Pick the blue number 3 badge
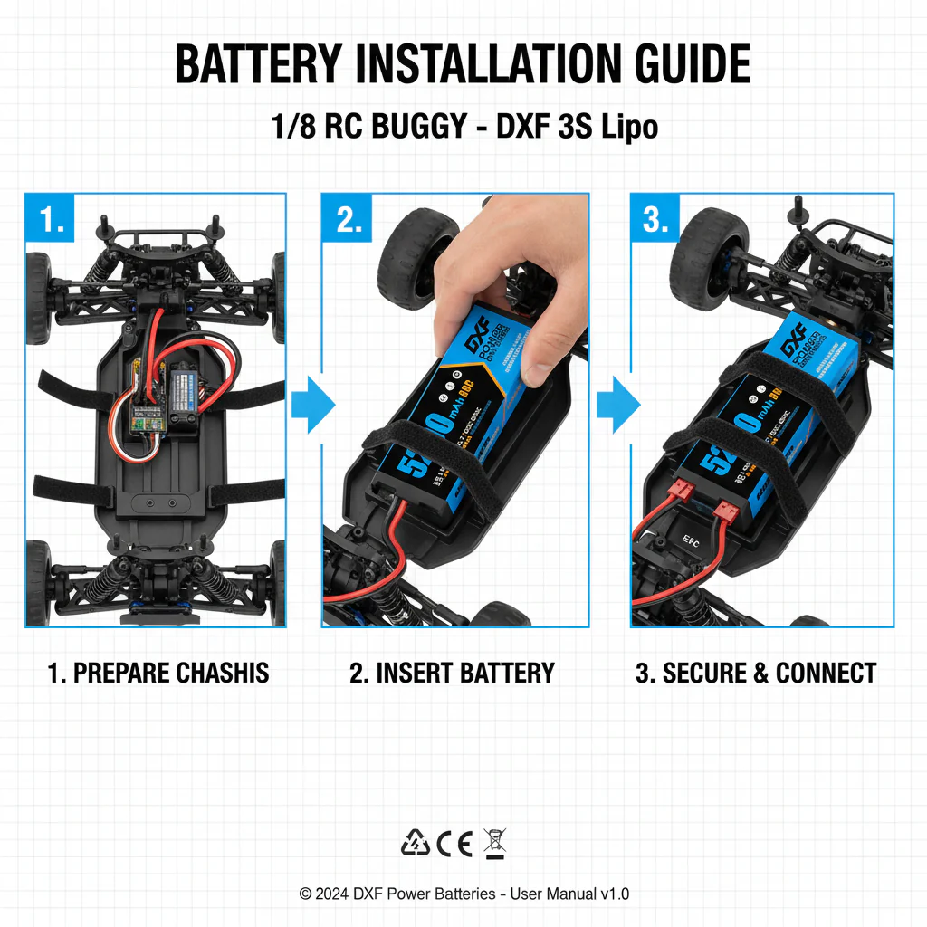[x=657, y=220]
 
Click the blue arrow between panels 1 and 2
[x=311, y=404]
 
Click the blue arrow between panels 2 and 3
[x=617, y=404]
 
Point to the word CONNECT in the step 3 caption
[x=826, y=673]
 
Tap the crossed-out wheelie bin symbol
[x=495, y=843]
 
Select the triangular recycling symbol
[x=416, y=844]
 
